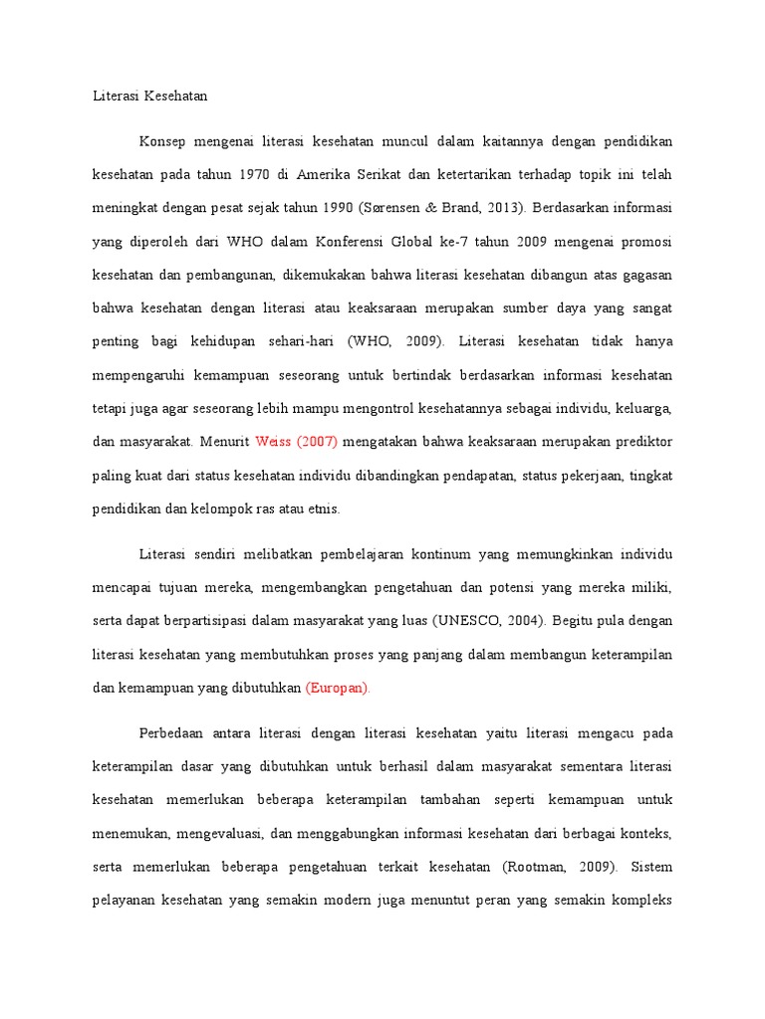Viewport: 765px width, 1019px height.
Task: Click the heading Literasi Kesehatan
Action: (148, 97)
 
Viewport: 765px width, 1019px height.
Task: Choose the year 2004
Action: (524, 620)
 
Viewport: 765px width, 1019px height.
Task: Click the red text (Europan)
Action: (338, 688)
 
